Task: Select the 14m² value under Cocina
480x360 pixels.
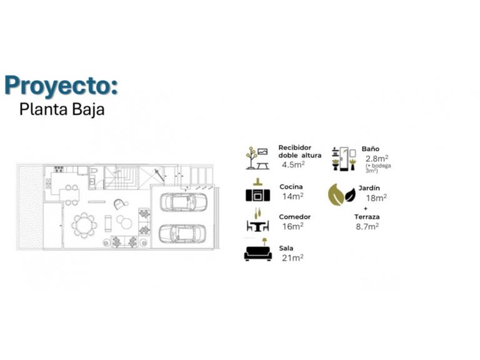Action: click(x=292, y=196)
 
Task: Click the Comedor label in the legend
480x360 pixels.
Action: click(x=294, y=217)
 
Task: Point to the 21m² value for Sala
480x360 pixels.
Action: click(x=292, y=257)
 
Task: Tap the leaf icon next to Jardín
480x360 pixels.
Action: click(x=342, y=195)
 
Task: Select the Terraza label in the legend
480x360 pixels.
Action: click(x=367, y=217)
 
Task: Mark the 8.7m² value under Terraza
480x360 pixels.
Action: click(x=367, y=226)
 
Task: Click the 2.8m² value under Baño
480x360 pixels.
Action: click(x=377, y=159)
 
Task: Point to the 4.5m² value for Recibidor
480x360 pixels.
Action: click(x=293, y=164)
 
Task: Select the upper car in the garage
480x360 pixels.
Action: click(x=183, y=202)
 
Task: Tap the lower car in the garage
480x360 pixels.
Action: click(x=182, y=234)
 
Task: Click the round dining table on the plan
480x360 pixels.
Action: click(x=84, y=225)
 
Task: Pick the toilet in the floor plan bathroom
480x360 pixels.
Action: click(x=92, y=170)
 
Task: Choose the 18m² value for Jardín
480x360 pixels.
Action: click(x=376, y=197)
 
